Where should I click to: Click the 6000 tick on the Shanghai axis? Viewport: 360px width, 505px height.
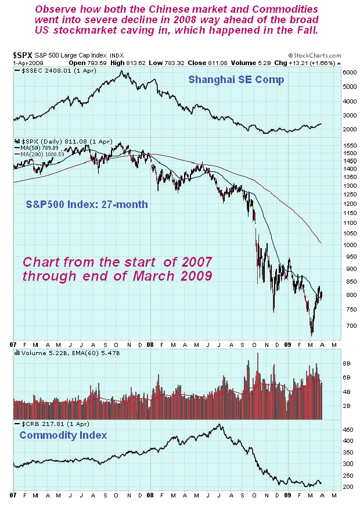(x=333, y=73)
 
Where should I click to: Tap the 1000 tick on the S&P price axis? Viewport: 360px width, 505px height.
(x=333, y=245)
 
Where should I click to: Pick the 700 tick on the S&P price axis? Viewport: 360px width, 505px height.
(x=332, y=326)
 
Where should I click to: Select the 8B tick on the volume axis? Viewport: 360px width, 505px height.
(x=330, y=363)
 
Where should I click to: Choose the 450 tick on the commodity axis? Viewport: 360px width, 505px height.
(x=331, y=429)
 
